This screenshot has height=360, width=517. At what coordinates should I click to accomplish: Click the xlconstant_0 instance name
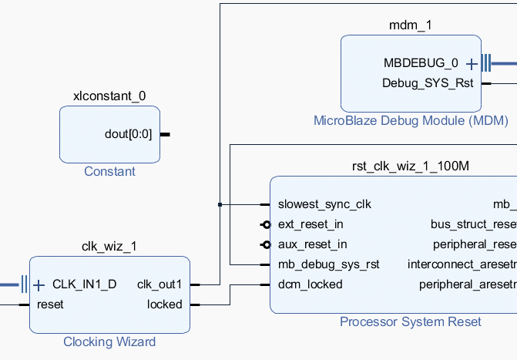point(109,96)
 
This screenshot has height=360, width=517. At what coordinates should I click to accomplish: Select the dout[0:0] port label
point(129,134)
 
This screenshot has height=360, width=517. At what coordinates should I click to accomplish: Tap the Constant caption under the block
point(109,171)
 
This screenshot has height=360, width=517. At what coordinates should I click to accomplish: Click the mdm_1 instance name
point(410,25)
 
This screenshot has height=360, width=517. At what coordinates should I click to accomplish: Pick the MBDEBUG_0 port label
point(421,63)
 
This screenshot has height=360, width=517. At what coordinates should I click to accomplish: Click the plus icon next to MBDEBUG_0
point(472,63)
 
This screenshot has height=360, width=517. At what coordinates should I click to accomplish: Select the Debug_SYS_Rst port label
point(428,82)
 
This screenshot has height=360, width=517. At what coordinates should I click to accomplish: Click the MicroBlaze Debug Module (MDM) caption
point(398,120)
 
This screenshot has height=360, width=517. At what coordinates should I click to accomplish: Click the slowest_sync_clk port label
point(324,204)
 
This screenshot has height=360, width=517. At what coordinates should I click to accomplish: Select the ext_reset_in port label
point(311,224)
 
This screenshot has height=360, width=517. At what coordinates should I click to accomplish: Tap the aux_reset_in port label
point(312,244)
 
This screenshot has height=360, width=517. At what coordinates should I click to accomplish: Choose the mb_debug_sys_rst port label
point(329,264)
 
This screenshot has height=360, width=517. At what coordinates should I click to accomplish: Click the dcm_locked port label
point(310,284)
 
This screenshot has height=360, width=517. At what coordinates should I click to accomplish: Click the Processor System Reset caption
point(411,321)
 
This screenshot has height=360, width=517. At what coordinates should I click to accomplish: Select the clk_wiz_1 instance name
point(109,247)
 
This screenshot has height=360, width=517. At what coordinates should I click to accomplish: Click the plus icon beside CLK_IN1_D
point(39,284)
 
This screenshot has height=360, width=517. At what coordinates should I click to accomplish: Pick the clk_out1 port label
point(159,284)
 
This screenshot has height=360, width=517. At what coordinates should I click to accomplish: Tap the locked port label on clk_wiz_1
point(165,304)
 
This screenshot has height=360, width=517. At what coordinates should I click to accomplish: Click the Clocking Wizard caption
point(109,341)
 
